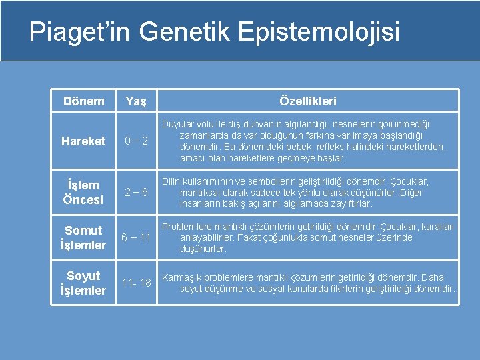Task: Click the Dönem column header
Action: [83, 101]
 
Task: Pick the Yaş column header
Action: [137, 101]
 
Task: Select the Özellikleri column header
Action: [307, 101]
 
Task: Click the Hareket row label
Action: [83, 141]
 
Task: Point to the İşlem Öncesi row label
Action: [83, 193]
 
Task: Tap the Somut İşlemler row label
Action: [83, 238]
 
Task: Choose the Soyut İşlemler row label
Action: [83, 283]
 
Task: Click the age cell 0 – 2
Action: [137, 141]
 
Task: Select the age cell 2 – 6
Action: [137, 193]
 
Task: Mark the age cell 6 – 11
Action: [137, 238]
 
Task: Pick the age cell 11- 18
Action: [137, 283]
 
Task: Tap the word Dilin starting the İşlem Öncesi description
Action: [171, 181]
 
